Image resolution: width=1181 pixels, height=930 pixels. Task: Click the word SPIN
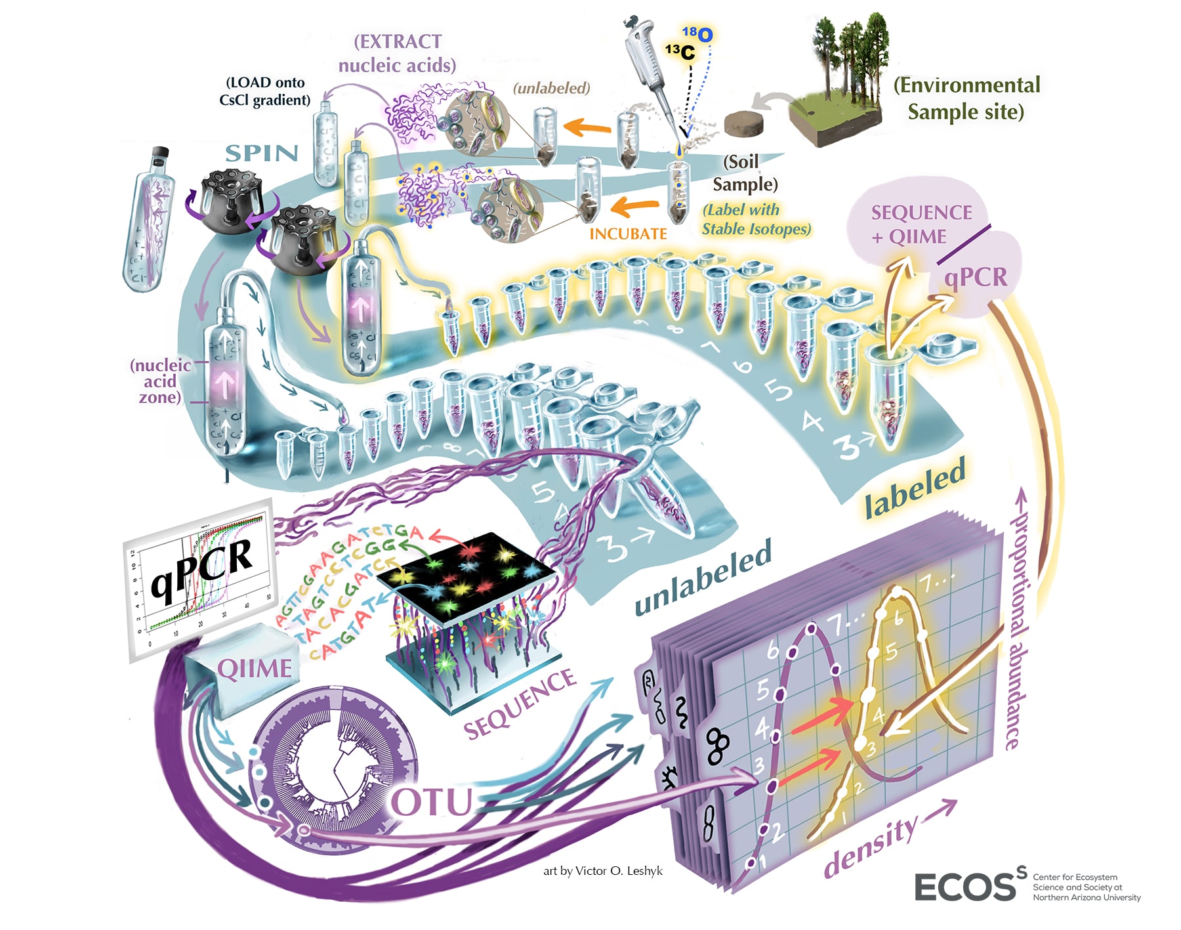coord(261,153)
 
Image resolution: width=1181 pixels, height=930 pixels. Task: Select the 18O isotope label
coord(698,33)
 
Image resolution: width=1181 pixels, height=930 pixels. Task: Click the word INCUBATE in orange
coord(628,234)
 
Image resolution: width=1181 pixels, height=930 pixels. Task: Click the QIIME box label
coord(255,669)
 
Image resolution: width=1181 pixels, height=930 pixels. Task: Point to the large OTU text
coord(432,802)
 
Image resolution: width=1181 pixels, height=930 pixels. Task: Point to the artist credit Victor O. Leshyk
coord(603,871)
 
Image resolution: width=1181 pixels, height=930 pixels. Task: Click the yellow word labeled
coord(915,486)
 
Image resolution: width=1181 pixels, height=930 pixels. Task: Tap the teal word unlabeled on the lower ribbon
coord(703,578)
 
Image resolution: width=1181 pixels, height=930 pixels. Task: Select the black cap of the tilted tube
coord(160,155)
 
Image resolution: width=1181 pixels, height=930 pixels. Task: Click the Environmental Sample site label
coord(966,98)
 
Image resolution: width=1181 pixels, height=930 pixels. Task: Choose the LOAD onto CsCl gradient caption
coord(265,91)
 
